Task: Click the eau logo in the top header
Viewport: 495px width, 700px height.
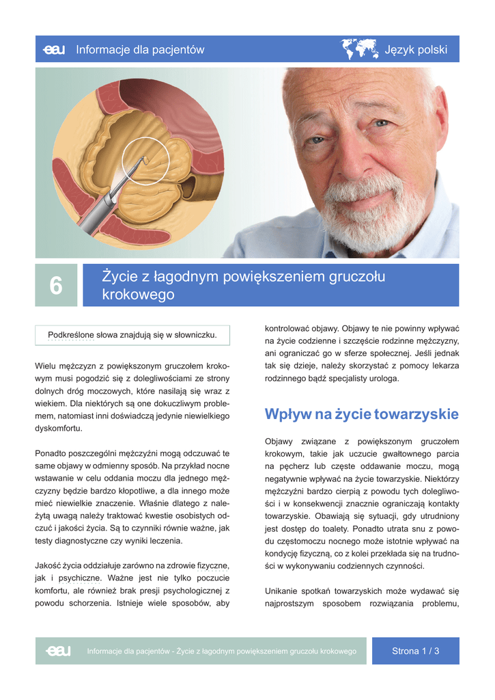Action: coord(54,50)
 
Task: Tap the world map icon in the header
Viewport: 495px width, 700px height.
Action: coord(359,49)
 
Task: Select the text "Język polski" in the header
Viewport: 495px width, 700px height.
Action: coord(416,50)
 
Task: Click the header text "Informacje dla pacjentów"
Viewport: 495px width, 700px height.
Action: coord(140,50)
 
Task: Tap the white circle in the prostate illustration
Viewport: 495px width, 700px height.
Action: coord(145,161)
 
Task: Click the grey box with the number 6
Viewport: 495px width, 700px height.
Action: coord(56,286)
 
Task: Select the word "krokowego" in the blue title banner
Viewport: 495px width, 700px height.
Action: coord(138,295)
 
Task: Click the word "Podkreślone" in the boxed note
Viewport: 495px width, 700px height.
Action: coord(72,335)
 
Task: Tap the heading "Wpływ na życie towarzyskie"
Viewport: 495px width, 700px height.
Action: coord(361,414)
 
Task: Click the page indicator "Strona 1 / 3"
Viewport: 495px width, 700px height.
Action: coord(415,651)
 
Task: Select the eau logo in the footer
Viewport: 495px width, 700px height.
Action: coord(58,651)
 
